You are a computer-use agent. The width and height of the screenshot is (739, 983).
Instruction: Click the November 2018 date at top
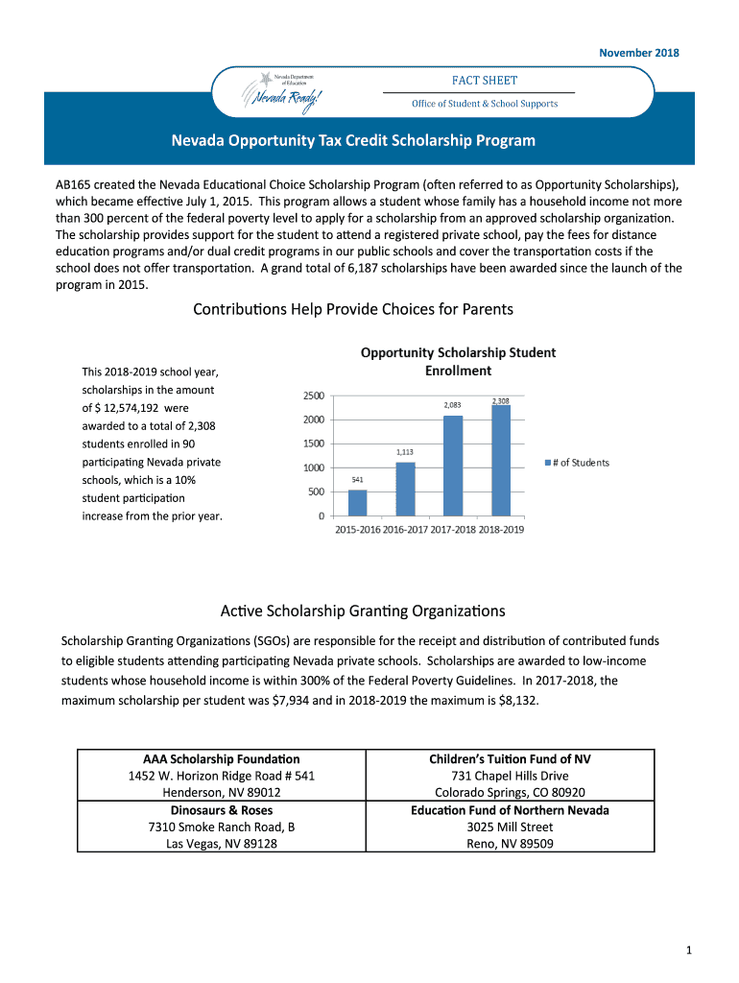(639, 53)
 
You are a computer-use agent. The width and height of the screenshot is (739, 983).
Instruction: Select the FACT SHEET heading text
(485, 81)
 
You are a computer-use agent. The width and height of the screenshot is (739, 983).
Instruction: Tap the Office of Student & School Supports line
(485, 104)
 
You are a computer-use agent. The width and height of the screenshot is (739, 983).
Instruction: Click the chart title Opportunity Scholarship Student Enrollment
(458, 362)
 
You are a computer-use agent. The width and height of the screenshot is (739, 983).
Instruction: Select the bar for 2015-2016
(357, 503)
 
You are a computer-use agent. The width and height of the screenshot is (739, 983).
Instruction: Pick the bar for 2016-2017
(405, 489)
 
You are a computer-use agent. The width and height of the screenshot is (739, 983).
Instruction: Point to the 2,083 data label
(453, 406)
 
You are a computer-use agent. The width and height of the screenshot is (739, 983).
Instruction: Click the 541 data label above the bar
(357, 479)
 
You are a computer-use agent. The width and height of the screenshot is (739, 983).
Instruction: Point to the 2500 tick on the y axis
(313, 396)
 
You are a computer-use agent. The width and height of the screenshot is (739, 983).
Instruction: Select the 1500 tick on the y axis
(313, 444)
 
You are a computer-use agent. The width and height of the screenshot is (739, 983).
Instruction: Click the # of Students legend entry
(578, 463)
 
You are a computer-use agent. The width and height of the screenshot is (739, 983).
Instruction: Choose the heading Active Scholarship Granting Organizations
(363, 611)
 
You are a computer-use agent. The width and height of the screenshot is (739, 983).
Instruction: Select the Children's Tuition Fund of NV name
(510, 759)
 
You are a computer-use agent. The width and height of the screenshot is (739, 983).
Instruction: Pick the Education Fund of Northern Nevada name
(510, 810)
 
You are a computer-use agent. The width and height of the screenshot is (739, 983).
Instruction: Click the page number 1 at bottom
(689, 950)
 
